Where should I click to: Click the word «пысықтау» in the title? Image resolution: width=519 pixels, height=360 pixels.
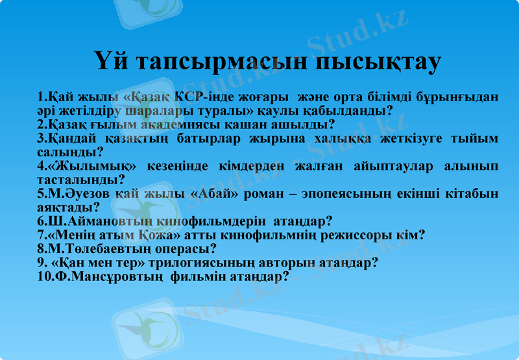(379, 62)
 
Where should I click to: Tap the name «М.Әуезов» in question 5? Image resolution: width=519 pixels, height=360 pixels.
(71, 194)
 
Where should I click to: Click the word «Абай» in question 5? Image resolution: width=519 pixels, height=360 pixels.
(221, 194)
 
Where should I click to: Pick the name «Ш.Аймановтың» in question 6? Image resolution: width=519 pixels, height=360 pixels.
(95, 221)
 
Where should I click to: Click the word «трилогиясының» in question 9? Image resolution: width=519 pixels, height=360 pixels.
(213, 263)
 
